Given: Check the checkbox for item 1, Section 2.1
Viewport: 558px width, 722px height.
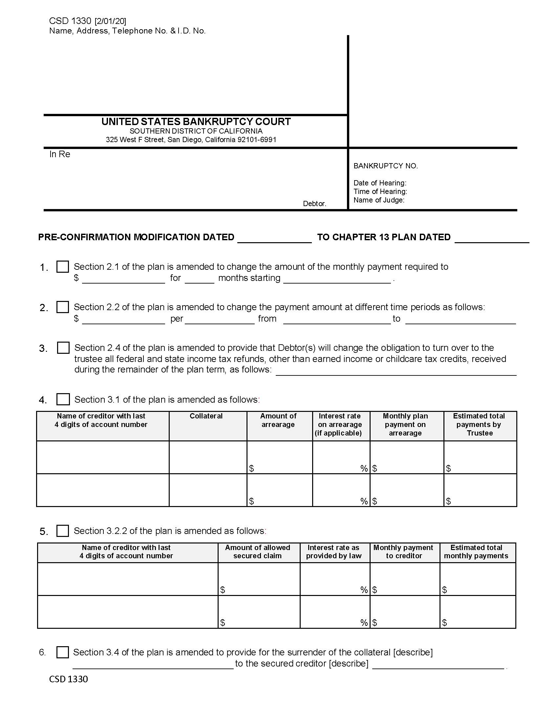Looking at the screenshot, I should (62, 266).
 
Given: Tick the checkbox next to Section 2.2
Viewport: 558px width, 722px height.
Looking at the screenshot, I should (62, 307).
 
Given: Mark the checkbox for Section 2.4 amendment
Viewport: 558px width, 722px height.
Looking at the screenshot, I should (63, 348).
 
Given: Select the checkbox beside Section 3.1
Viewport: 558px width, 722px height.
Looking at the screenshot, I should (63, 399).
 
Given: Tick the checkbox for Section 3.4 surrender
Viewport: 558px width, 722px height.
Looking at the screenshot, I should (62, 652).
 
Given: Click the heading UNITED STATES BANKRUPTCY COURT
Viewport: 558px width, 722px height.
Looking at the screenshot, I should (196, 122).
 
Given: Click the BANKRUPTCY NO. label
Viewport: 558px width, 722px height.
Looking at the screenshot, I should (385, 166).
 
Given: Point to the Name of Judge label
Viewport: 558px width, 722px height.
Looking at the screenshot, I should (379, 200).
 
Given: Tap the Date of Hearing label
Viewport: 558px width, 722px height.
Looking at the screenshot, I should (380, 183).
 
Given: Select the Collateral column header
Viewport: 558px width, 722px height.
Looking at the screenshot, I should (206, 416).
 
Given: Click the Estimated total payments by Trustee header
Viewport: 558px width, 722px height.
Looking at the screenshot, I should (479, 424).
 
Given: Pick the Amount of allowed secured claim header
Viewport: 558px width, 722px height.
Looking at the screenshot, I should (258, 551).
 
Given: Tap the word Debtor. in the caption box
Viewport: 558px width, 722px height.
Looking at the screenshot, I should (314, 204).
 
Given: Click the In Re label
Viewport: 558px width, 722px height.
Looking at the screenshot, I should (59, 154).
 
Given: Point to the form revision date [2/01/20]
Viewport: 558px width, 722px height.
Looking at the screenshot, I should (110, 21).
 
